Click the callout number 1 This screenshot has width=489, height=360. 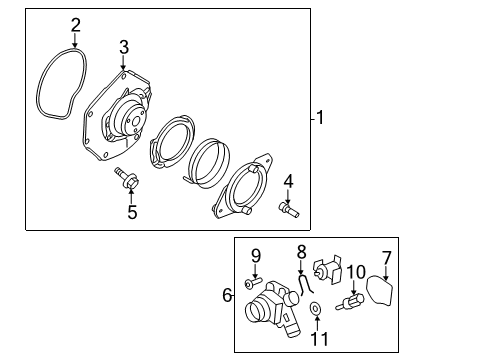click(320, 118)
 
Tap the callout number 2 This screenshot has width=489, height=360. click(76, 24)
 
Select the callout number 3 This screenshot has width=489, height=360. click(123, 46)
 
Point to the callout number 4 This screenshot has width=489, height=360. click(287, 181)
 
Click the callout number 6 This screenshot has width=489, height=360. click(228, 294)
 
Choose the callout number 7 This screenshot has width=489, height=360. click(386, 257)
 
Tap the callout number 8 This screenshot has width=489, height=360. click(300, 252)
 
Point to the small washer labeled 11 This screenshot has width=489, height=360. click(315, 308)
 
